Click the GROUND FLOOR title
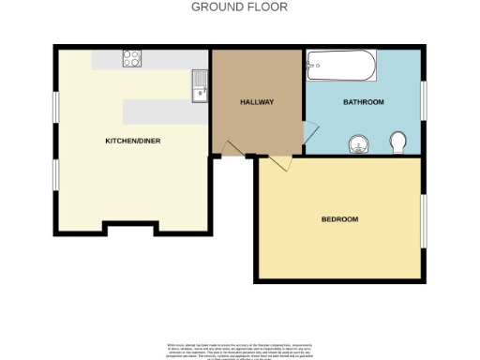coord(239,7)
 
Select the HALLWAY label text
coord(256,101)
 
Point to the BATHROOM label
coord(363,101)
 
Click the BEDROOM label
coord(339,219)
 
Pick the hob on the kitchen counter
coord(132,59)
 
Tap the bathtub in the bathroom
coord(341,67)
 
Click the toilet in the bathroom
coord(398,142)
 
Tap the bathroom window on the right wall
coord(424,101)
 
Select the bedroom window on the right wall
coord(424,219)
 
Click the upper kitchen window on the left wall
coord(54,106)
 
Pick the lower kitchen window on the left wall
coord(54,174)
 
